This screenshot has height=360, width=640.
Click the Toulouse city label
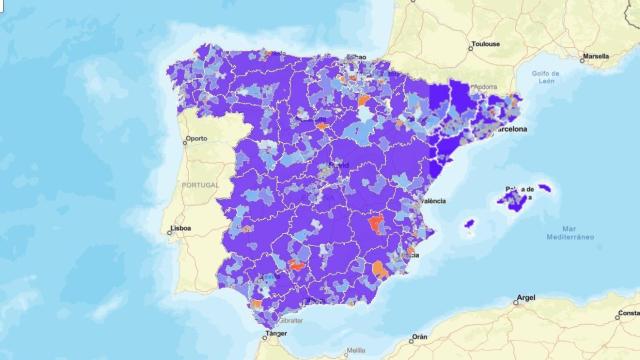[489, 45]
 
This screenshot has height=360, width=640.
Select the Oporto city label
[195, 139]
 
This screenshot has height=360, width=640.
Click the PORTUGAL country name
[200, 186]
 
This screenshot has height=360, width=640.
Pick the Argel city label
[525, 298]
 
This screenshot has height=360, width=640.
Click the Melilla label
[356, 350]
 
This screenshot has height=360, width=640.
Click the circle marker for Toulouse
[470, 46]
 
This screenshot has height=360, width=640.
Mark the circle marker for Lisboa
[170, 232]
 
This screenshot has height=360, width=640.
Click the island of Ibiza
[466, 224]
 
